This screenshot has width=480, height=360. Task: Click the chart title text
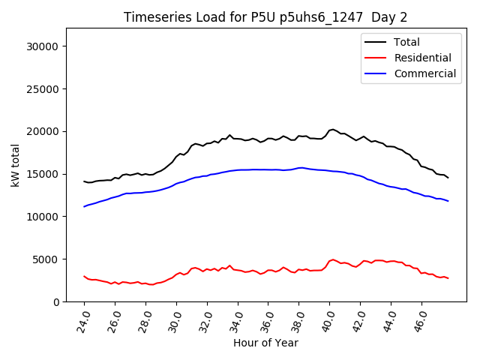[x=265, y=17]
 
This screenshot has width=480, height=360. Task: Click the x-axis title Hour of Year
[x=265, y=343]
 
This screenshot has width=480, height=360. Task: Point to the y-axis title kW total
[x=16, y=164]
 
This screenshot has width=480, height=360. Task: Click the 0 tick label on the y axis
[x=57, y=301]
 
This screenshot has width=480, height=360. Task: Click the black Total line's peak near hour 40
[x=333, y=129]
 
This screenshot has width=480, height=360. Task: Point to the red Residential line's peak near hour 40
[x=333, y=259]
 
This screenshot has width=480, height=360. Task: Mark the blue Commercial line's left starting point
[x=84, y=206]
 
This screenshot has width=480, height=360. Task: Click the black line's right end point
[x=448, y=178]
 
